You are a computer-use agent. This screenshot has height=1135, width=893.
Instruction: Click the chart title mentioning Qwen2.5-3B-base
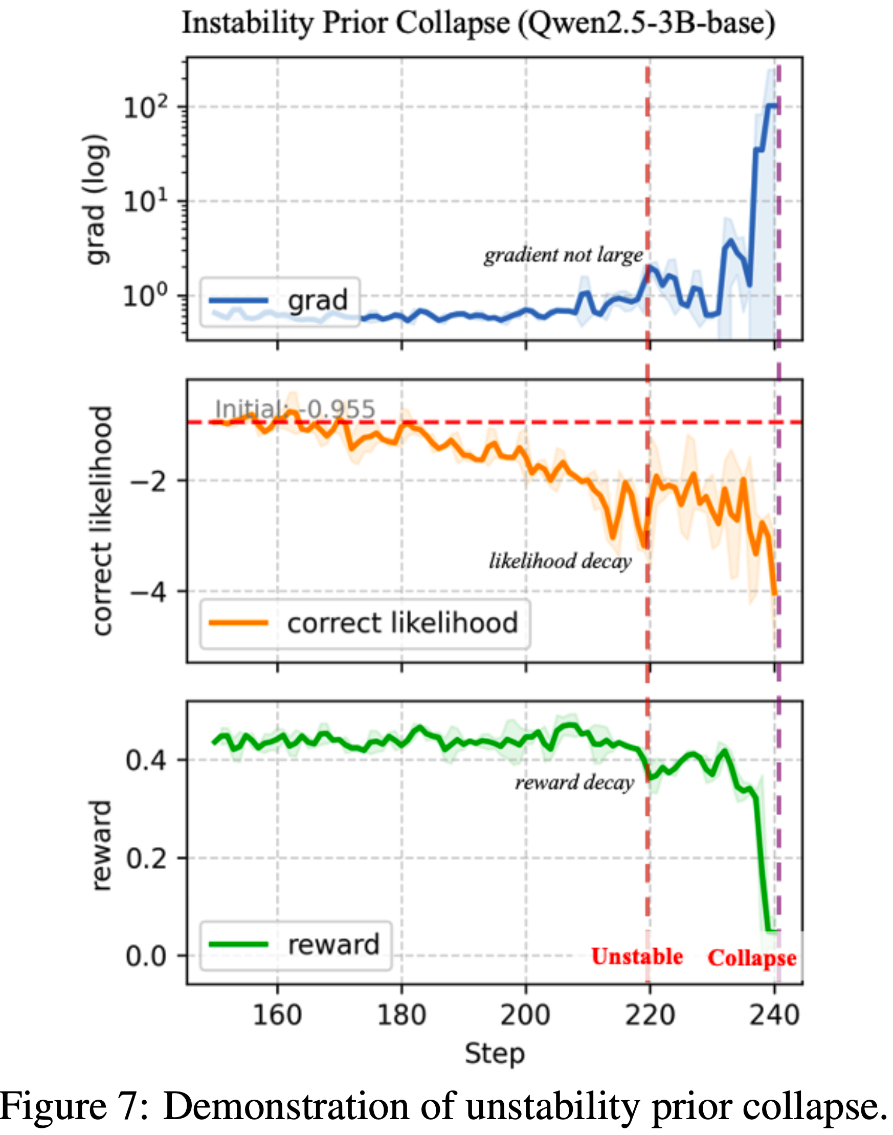coord(478,24)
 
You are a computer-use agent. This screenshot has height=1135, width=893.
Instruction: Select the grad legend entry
coord(280,301)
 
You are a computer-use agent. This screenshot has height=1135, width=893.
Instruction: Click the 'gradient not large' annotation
coord(563,255)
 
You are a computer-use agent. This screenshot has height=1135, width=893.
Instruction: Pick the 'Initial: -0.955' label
coord(295,409)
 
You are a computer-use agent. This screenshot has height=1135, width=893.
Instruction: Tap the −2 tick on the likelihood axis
coord(148,480)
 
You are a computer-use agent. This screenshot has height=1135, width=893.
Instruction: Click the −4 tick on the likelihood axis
coord(148,592)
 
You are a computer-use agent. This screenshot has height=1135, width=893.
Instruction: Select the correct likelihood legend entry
coord(365,623)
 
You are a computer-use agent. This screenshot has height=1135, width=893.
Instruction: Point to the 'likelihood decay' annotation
coord(560,561)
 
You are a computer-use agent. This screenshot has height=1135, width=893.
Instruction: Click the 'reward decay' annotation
coord(574,782)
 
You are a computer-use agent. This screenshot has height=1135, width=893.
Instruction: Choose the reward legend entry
coord(296,945)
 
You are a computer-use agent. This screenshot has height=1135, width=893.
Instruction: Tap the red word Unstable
coord(637,956)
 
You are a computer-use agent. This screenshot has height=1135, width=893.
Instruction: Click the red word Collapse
coord(751,958)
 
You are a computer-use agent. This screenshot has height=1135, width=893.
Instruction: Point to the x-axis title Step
coord(495,1054)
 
